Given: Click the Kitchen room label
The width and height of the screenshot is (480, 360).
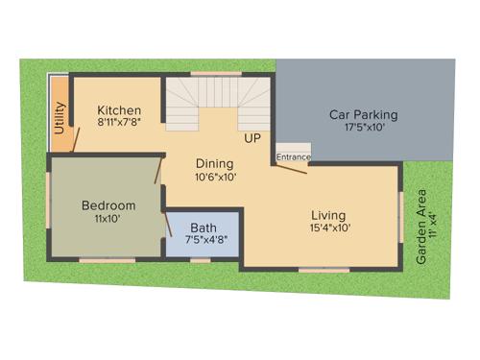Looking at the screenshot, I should (x=119, y=110).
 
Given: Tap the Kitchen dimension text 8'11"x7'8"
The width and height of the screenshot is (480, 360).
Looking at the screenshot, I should (x=119, y=123).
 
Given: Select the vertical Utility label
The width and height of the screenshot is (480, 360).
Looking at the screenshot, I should (x=60, y=125).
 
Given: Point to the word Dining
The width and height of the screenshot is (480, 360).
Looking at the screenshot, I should (x=215, y=163).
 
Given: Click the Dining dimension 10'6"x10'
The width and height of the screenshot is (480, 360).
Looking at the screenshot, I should (x=215, y=177).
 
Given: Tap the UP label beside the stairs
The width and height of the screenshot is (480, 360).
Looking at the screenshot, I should (x=252, y=139).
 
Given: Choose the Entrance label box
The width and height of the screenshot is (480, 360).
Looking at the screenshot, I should (x=293, y=156).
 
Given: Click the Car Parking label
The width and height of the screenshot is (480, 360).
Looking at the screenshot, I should (x=363, y=114).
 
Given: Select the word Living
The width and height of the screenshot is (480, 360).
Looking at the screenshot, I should (x=328, y=215).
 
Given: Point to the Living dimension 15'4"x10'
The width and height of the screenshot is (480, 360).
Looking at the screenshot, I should (x=329, y=228).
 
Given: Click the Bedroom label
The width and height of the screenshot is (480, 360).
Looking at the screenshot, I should (x=108, y=205).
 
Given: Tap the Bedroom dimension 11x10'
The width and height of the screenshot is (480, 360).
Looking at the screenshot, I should (x=108, y=219).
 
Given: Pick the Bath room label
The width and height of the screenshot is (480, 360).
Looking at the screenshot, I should (x=204, y=228).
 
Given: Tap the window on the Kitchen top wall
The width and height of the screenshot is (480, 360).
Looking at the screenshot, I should (x=215, y=74).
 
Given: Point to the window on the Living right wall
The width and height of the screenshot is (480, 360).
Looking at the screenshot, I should (x=400, y=217).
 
